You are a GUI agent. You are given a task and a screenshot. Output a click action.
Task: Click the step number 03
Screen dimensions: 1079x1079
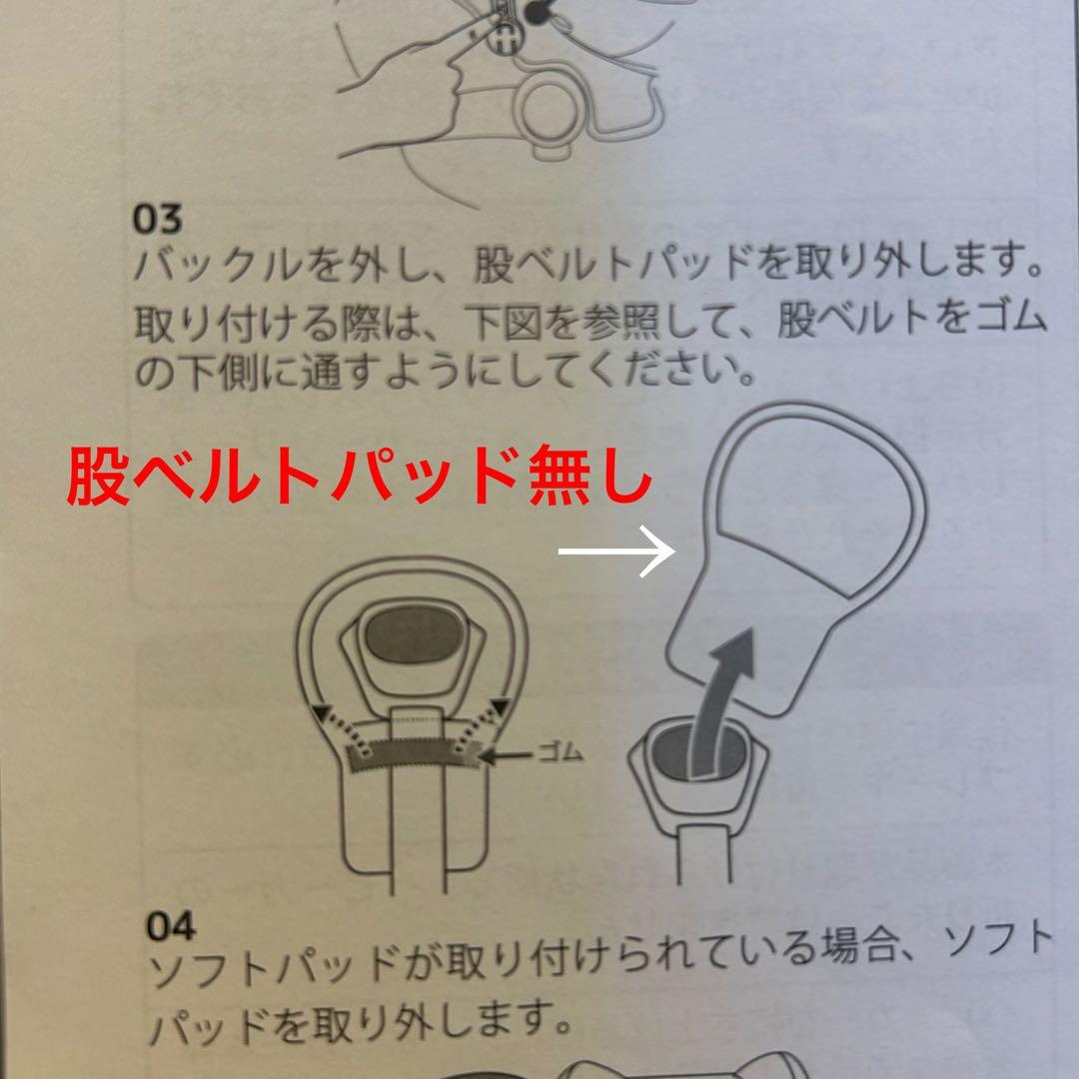[x=156, y=219]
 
